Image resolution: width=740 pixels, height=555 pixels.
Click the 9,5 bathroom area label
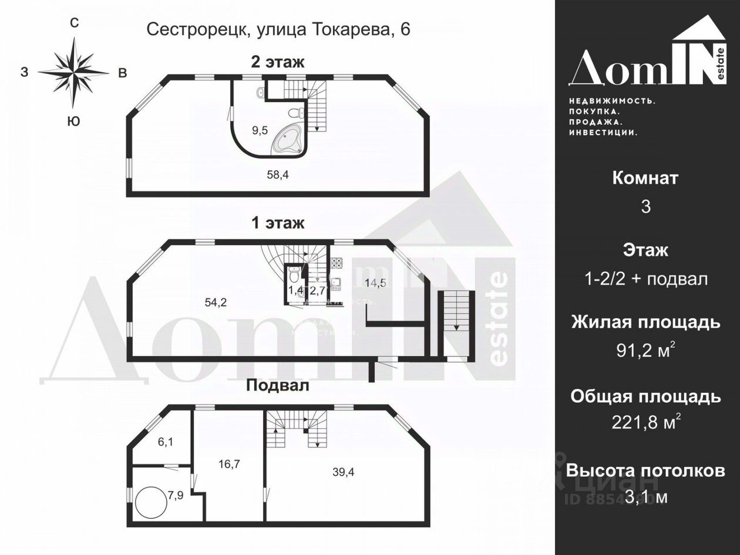pyautogui.click(x=260, y=130)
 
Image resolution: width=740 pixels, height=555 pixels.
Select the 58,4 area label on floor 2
pyautogui.click(x=278, y=174)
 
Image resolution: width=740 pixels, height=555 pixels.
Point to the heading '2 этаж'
pyautogui.click(x=278, y=62)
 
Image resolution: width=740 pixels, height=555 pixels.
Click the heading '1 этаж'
pyautogui.click(x=278, y=223)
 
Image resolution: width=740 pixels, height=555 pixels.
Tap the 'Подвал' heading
pyautogui.click(x=277, y=385)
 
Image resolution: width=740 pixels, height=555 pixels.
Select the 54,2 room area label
pyautogui.click(x=216, y=302)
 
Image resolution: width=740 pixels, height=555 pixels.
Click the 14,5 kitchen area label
pyautogui.click(x=375, y=282)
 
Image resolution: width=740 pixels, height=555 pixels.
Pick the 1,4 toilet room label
pyautogui.click(x=295, y=290)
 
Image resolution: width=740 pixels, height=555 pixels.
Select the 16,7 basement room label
pyautogui.click(x=229, y=464)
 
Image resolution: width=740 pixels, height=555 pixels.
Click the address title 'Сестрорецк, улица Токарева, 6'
pyautogui.click(x=278, y=29)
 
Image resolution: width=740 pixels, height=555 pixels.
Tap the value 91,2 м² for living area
pyautogui.click(x=645, y=351)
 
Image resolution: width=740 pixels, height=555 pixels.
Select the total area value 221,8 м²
pyautogui.click(x=645, y=423)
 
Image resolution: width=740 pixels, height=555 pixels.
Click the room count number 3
pyautogui.click(x=645, y=207)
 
